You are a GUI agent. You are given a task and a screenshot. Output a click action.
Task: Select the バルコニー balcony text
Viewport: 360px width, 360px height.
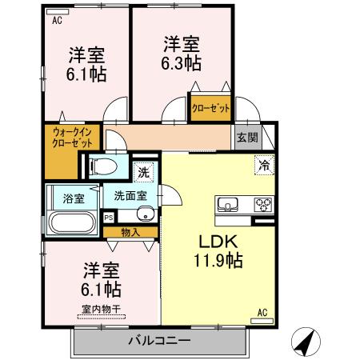[160, 342]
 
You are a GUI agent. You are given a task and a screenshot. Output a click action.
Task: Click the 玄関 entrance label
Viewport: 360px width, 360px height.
[246, 137]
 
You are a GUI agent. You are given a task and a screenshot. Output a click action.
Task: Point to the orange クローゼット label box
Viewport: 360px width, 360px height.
[210, 107]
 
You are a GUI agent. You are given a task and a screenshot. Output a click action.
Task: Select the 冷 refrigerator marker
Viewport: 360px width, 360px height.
[262, 166]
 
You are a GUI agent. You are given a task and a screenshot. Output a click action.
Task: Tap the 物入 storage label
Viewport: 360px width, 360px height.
[129, 232]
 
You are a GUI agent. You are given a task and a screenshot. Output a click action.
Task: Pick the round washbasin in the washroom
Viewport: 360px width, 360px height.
[145, 214]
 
